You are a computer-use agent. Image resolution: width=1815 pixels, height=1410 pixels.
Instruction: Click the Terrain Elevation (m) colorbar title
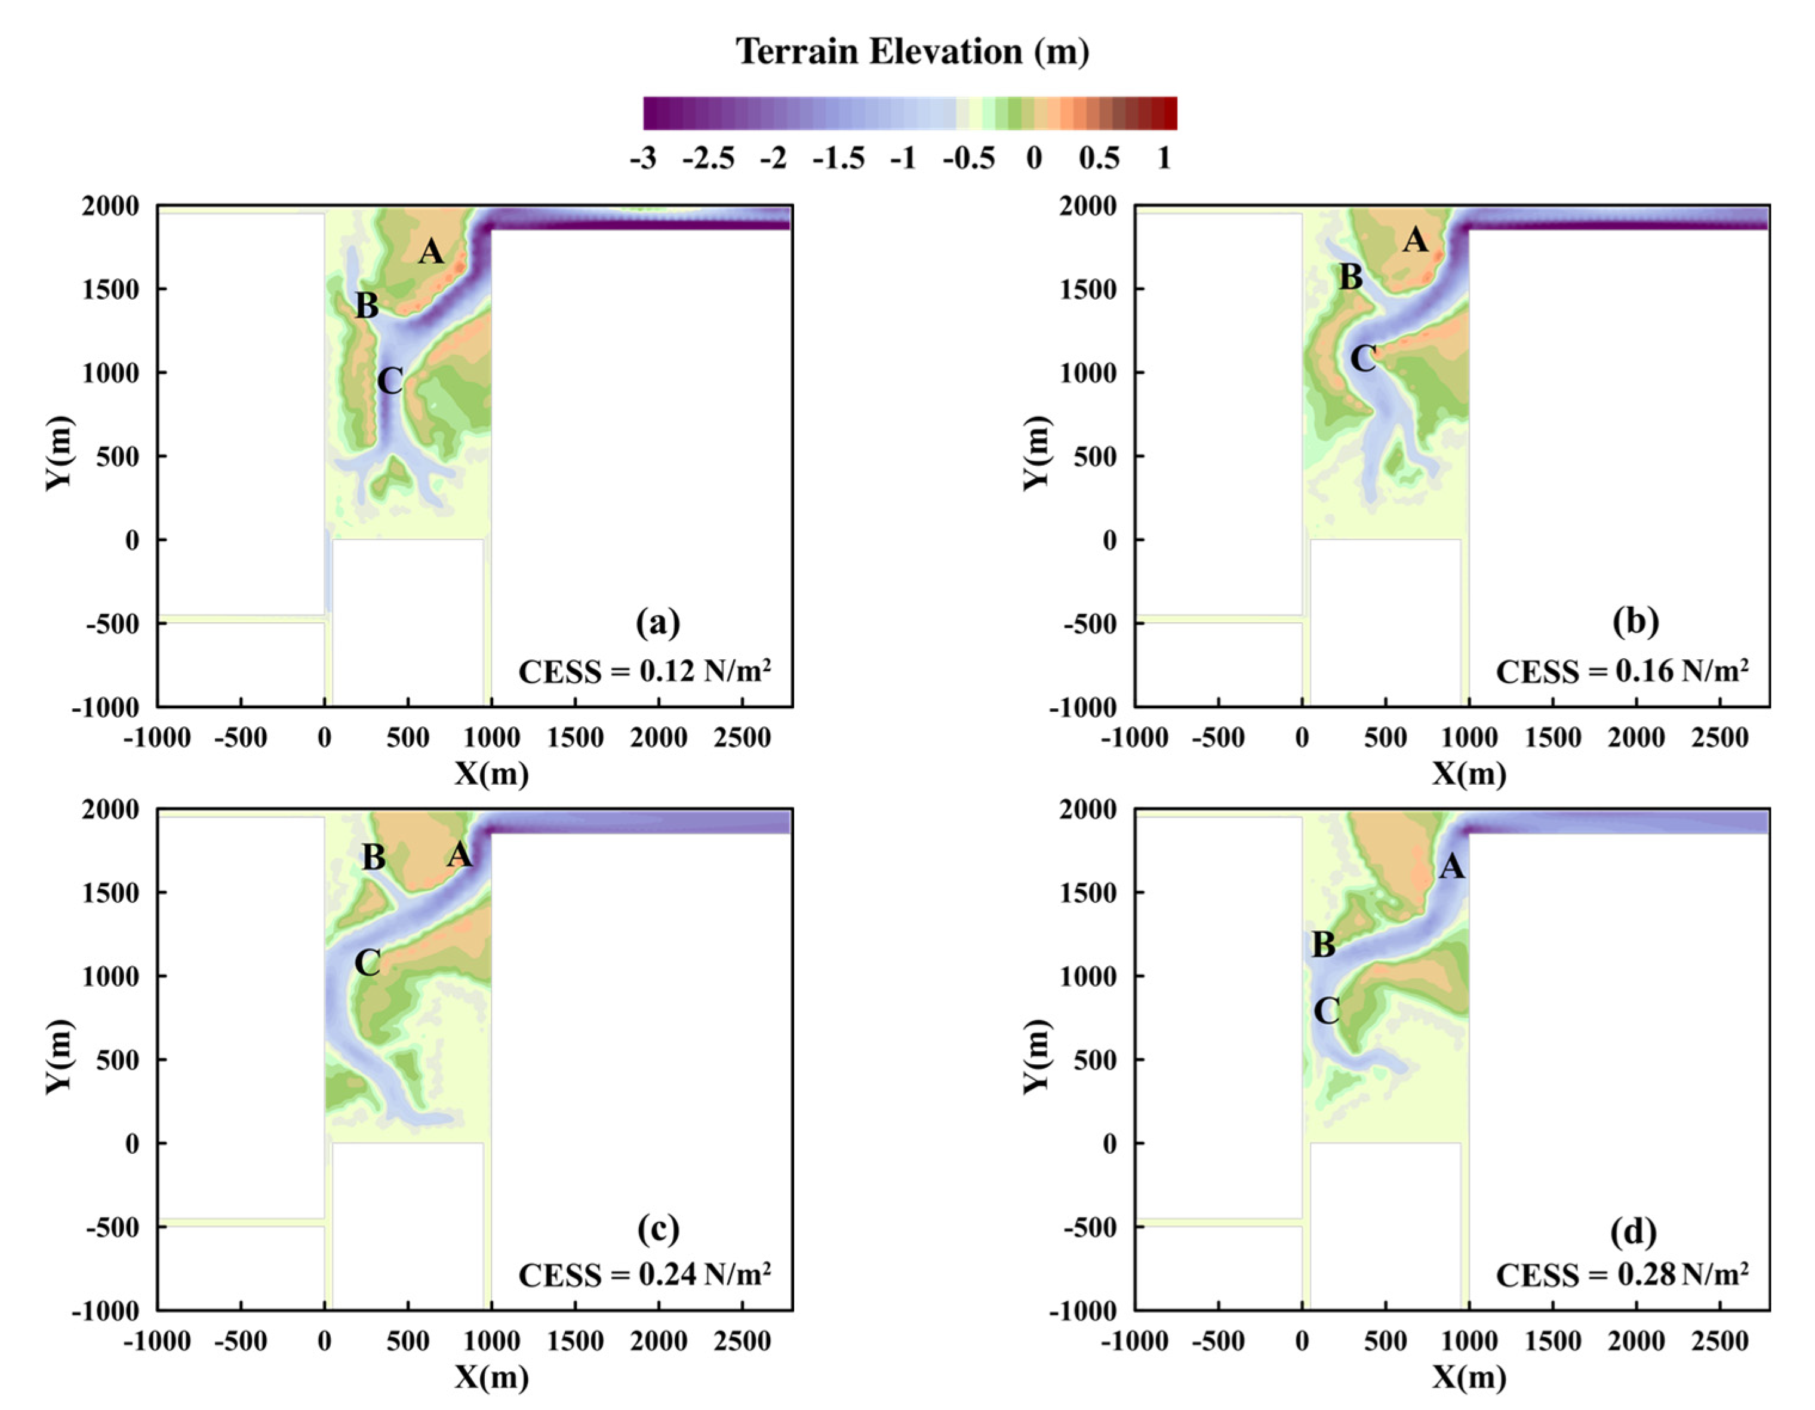(912, 51)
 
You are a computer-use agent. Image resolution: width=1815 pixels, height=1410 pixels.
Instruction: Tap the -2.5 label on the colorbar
(708, 158)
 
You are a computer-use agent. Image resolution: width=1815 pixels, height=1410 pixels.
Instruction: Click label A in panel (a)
(430, 251)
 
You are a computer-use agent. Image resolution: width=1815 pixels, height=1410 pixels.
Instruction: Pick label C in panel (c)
(367, 963)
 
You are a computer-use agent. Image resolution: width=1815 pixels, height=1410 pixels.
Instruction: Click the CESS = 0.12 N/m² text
(644, 671)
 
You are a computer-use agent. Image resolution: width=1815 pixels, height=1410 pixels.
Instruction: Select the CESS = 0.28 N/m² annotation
(1622, 1274)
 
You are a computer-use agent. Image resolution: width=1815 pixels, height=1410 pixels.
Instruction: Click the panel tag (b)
(1635, 621)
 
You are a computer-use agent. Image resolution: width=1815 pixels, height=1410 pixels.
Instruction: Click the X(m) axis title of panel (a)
(491, 774)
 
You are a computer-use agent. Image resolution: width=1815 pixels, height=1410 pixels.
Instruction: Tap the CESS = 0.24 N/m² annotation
(644, 1274)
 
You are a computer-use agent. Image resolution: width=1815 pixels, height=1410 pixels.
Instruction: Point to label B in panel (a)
(367, 306)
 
